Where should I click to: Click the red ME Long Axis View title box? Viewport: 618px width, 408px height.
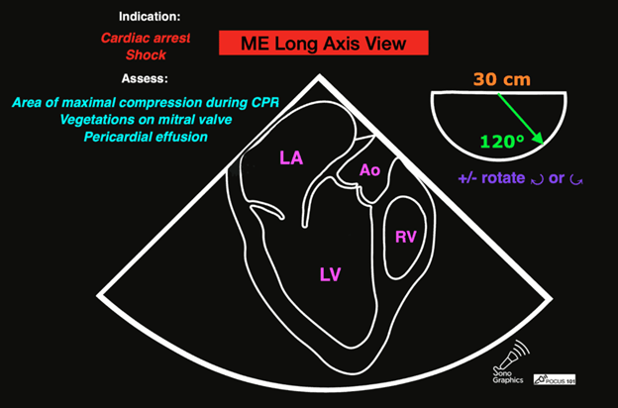(322, 43)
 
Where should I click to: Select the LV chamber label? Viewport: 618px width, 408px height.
(331, 273)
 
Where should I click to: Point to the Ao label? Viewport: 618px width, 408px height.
(369, 170)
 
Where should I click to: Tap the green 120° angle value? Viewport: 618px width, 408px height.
(502, 141)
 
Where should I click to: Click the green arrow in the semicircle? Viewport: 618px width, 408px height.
(520, 117)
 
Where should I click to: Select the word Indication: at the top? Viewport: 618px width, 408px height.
(151, 18)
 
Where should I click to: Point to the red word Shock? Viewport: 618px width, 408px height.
(145, 55)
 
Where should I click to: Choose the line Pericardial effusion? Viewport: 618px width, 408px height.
(146, 136)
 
